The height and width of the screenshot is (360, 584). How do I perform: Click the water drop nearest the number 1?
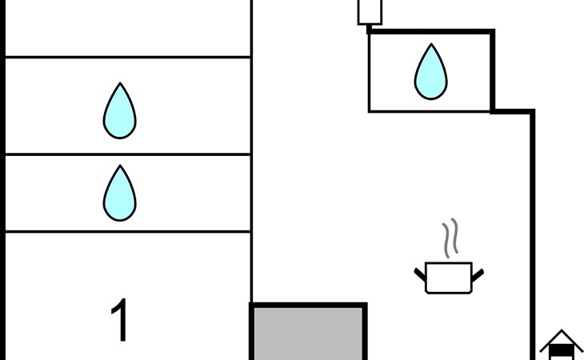[119, 194]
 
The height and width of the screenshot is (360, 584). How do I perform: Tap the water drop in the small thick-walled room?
[431, 72]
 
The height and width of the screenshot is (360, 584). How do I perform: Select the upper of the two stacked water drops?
[119, 111]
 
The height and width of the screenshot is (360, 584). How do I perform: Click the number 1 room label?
[119, 319]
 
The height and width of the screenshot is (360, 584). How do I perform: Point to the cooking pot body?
[449, 278]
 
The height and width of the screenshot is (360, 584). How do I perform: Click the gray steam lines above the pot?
[450, 238]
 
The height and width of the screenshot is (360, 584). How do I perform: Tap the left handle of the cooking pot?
[420, 274]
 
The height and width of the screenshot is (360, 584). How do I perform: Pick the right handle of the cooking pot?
[478, 275]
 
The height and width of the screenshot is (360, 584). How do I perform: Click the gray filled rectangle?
[308, 334]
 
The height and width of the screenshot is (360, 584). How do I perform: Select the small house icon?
[562, 345]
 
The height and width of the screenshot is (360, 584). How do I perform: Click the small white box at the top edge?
[370, 12]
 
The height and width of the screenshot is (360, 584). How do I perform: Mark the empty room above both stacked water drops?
[128, 28]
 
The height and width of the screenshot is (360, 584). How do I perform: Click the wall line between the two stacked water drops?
[128, 154]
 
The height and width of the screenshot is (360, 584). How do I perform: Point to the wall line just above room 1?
[128, 231]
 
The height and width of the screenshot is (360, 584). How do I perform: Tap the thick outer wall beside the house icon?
[533, 234]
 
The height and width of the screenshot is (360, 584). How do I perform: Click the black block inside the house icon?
[562, 350]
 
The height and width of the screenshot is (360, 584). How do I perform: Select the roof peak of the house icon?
[562, 330]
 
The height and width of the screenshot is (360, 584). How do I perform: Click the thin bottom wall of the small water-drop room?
[430, 111]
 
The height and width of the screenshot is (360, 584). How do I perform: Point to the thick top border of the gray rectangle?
[308, 306]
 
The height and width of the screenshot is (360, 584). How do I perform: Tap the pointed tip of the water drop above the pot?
[431, 44]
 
